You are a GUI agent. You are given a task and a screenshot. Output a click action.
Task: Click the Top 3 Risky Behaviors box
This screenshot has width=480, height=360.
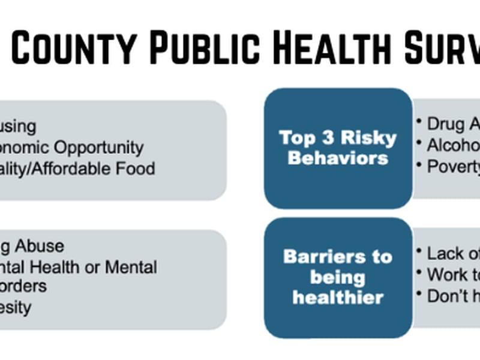click(x=338, y=148)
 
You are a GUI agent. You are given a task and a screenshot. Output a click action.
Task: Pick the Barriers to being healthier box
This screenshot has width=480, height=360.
click(x=338, y=277)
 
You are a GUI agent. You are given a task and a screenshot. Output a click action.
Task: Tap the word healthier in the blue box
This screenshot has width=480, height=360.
click(x=338, y=298)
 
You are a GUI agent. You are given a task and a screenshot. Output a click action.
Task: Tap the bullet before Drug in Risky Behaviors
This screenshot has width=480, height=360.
click(x=419, y=121)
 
